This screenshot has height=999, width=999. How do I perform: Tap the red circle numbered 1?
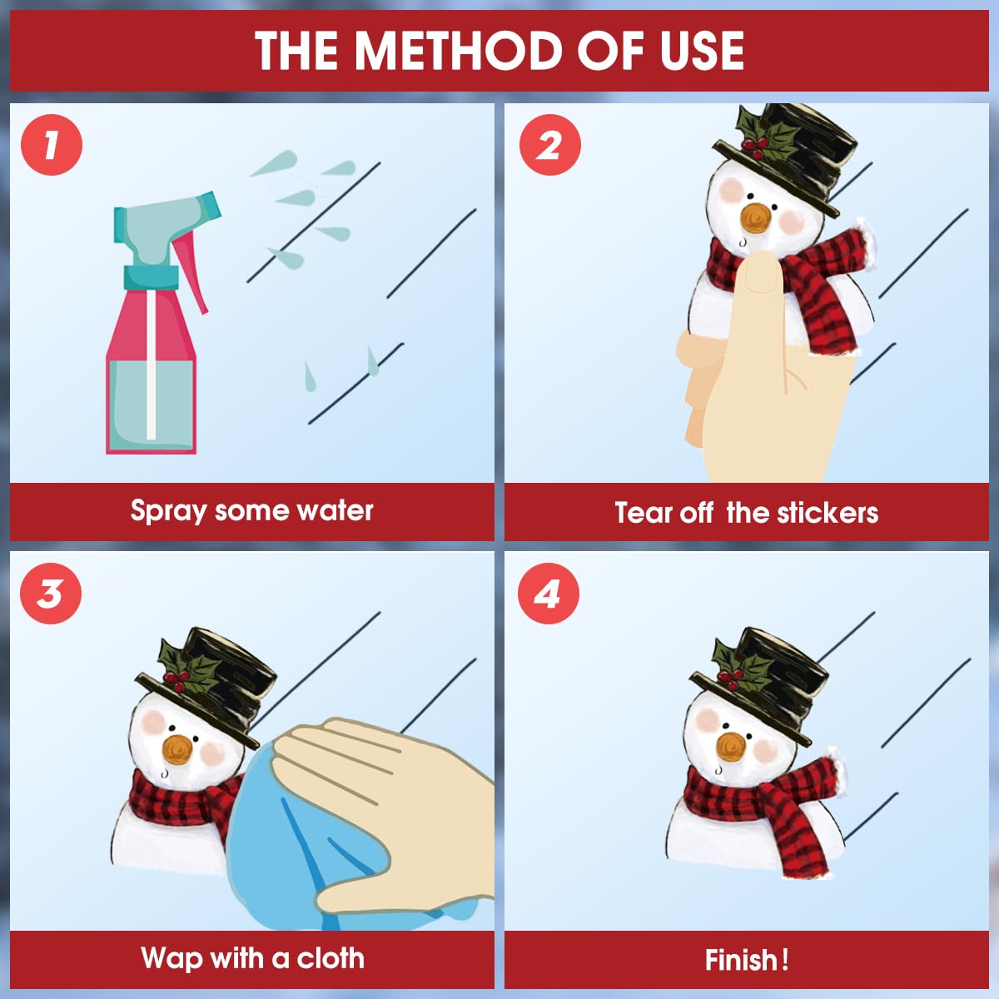[x=52, y=145]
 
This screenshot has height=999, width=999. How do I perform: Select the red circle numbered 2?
[x=550, y=145]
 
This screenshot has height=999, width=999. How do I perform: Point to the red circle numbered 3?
[x=50, y=593]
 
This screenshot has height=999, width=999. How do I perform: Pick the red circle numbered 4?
[x=549, y=593]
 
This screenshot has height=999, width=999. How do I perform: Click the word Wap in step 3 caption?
[x=171, y=958]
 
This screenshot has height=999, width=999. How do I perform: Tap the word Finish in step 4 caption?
[x=741, y=960]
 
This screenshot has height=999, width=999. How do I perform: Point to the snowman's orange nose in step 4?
[x=731, y=747]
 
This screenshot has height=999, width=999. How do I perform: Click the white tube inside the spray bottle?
[x=152, y=365]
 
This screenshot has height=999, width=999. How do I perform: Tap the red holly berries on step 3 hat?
[x=176, y=679]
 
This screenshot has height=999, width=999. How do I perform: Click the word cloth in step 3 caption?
[x=331, y=958]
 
